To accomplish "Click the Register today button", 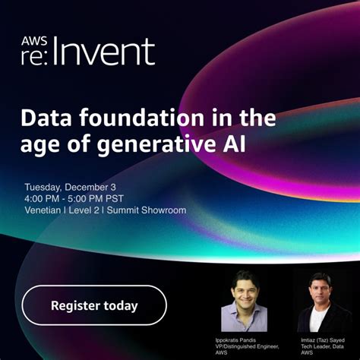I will [94, 305].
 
